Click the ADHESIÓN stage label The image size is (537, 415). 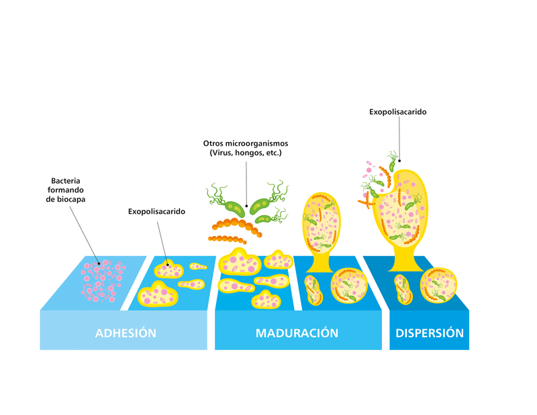[x=126, y=333]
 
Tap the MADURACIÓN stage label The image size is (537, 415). [x=297, y=333]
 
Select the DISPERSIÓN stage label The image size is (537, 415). [x=430, y=333]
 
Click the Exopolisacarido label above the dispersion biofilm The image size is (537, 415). [x=397, y=112]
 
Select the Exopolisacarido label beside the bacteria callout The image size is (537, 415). [x=156, y=211]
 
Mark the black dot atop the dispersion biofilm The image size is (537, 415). [x=398, y=160]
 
